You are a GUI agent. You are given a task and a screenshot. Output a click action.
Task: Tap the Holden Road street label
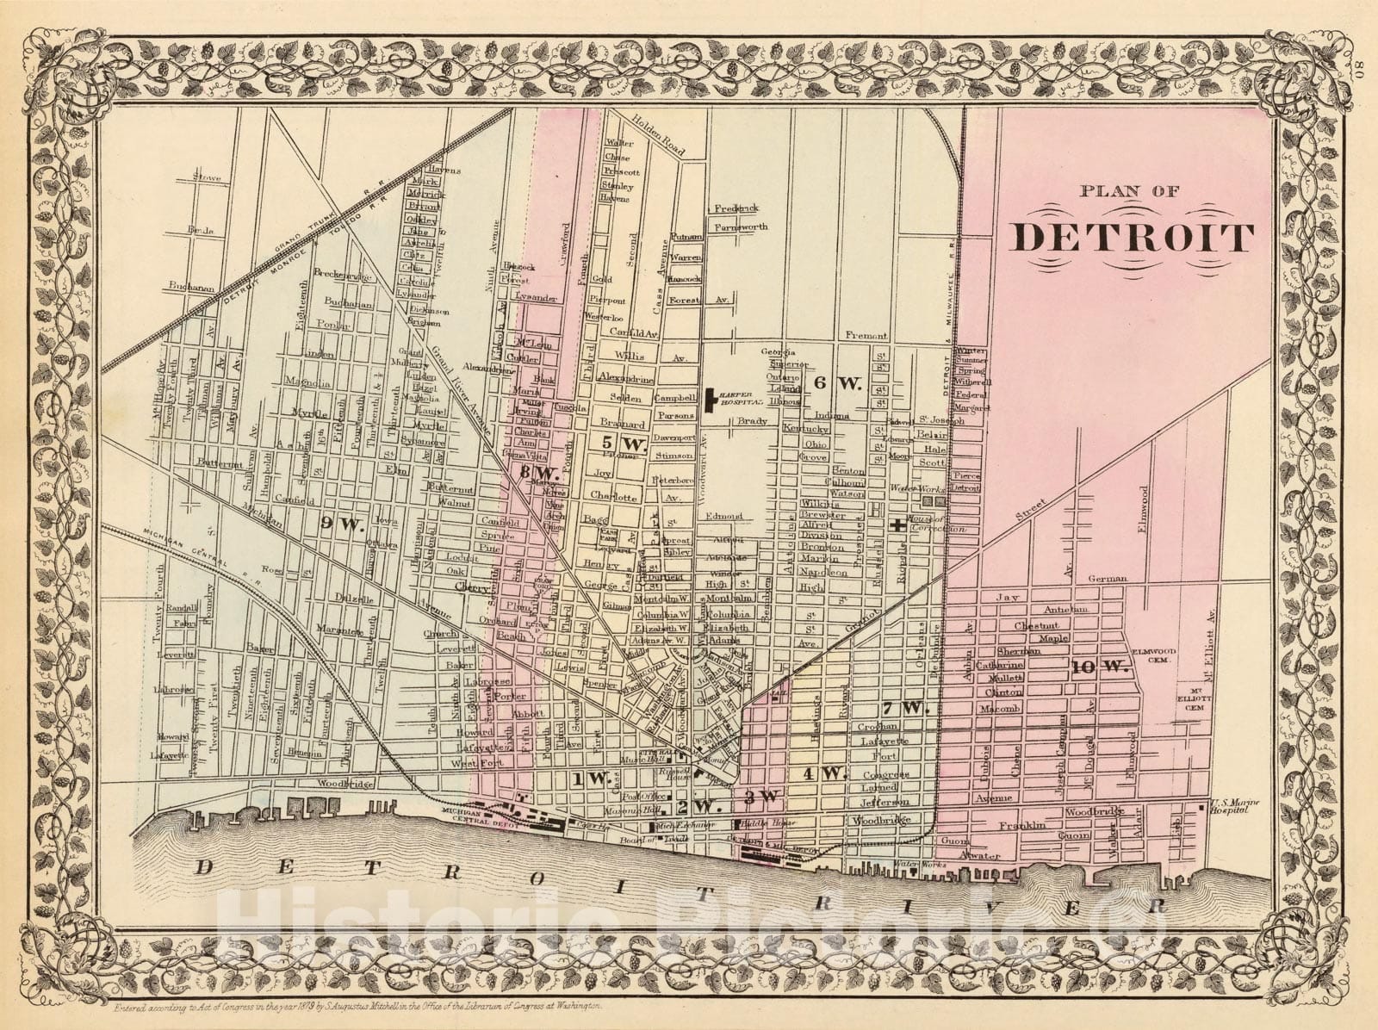point(662,137)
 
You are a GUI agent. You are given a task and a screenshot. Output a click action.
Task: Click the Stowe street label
point(208,178)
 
